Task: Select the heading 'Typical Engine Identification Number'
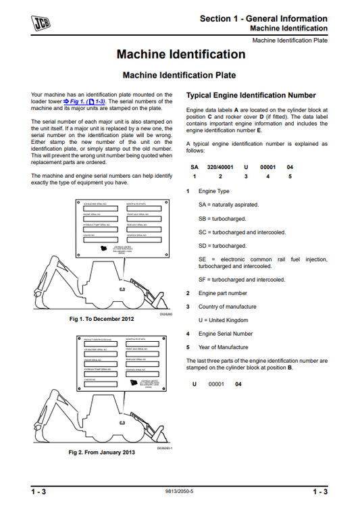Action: pyautogui.click(x=251, y=96)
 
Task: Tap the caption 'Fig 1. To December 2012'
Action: pyautogui.click(x=102, y=319)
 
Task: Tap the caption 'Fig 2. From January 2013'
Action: pyautogui.click(x=102, y=451)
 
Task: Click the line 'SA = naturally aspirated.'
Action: pyautogui.click(x=228, y=204)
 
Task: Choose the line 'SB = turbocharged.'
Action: pyautogui.click(x=222, y=218)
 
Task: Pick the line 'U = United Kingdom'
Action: pyautogui.click(x=223, y=319)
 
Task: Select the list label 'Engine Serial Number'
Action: pyautogui.click(x=225, y=334)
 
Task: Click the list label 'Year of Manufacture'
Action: pyautogui.click(x=224, y=347)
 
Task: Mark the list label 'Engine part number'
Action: pyautogui.click(x=222, y=293)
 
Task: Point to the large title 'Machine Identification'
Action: pyautogui.click(x=180, y=54)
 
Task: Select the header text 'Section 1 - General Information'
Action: pyautogui.click(x=263, y=18)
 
